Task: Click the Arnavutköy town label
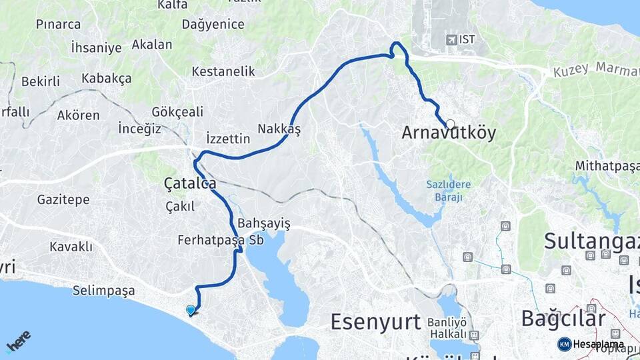[449, 133]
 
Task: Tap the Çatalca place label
[190, 183]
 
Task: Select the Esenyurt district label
[376, 321]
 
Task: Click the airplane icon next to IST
[451, 40]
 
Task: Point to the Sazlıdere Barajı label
[449, 191]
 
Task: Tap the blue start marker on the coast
[191, 310]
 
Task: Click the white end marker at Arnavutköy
[451, 124]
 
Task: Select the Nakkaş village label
[279, 129]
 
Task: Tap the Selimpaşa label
[105, 291]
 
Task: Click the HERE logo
[18, 341]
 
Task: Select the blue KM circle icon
[564, 344]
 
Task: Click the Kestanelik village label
[223, 71]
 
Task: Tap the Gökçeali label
[177, 111]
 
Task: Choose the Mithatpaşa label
[607, 167]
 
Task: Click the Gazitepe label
[63, 199]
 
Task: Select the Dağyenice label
[213, 25]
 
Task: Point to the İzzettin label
[228, 139]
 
